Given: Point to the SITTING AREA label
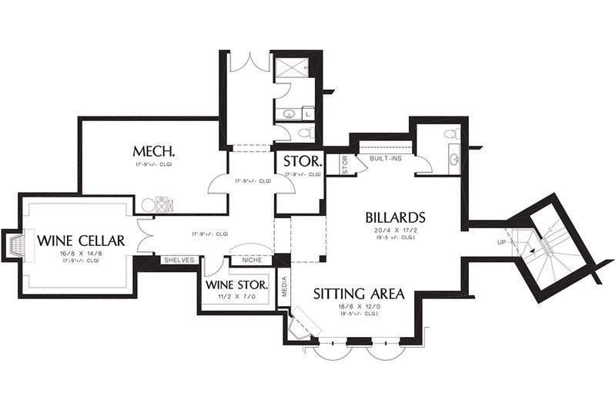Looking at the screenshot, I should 360,294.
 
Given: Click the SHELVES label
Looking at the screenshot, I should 178,260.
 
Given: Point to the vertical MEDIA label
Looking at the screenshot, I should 284,285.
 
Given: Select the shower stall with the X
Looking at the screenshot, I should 293,68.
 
